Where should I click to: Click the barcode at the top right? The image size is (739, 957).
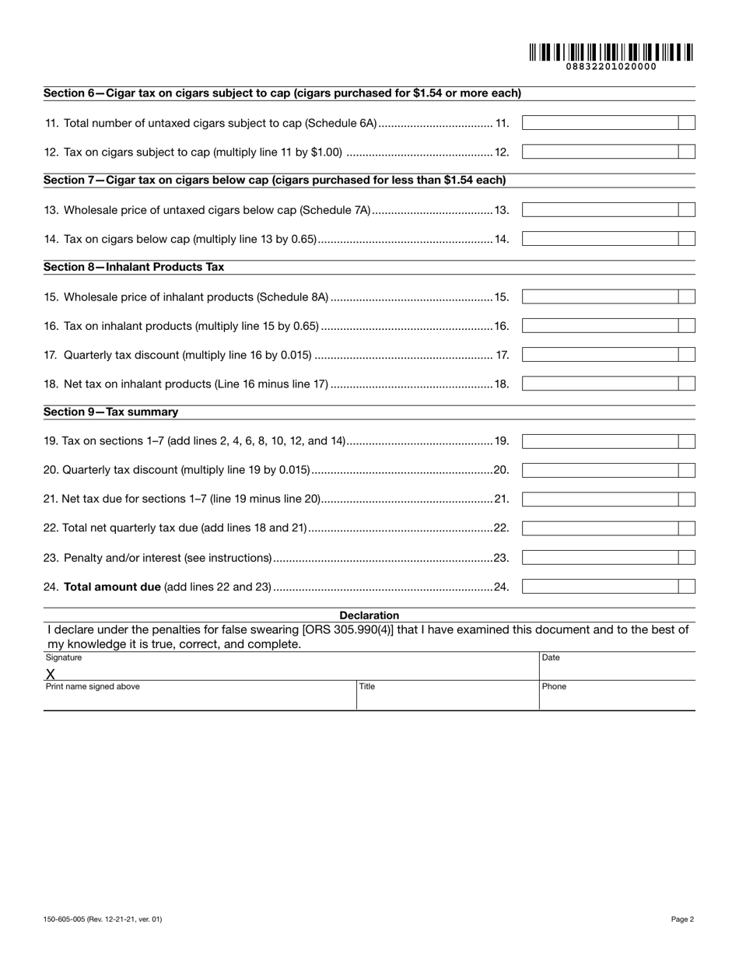(x=611, y=52)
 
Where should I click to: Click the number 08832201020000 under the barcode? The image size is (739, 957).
(x=611, y=67)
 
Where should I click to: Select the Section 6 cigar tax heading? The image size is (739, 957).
(x=282, y=93)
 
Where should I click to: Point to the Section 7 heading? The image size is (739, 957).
(x=275, y=181)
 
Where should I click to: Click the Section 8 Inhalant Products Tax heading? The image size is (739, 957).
(x=134, y=267)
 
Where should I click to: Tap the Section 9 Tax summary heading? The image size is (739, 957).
(x=110, y=412)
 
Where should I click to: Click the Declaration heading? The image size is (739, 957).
(x=369, y=615)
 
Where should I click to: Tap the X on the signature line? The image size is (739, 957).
(x=51, y=674)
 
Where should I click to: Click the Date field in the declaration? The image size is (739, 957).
(x=616, y=668)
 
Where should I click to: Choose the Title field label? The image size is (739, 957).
(x=367, y=687)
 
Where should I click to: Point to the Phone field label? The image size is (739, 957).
(x=554, y=687)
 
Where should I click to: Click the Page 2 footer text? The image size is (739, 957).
(x=682, y=920)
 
